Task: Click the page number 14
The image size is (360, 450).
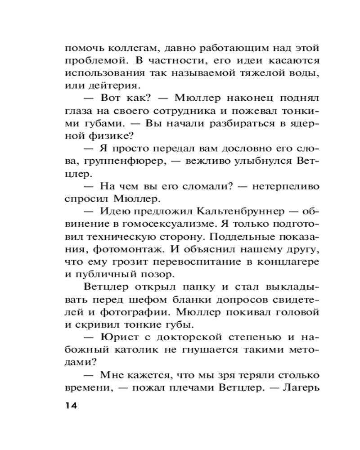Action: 72,405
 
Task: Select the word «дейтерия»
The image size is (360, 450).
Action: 104,85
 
